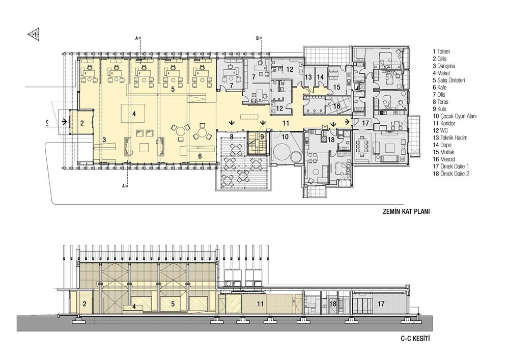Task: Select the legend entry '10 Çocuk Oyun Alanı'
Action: click(x=455, y=116)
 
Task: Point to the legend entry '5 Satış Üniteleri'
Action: click(x=448, y=80)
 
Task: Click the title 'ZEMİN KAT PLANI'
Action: click(x=406, y=212)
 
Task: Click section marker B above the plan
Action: click(x=259, y=38)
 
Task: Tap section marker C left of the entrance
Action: click(x=47, y=122)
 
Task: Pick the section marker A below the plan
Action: click(x=124, y=186)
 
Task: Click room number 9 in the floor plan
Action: click(x=262, y=136)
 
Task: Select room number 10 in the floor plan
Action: click(x=285, y=137)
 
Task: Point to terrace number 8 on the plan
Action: click(x=232, y=136)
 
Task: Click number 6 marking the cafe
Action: click(x=200, y=156)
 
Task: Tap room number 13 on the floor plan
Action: click(x=308, y=77)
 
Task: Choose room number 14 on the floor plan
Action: click(x=320, y=77)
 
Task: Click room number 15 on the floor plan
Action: click(x=336, y=87)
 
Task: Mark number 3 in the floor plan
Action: click(x=104, y=140)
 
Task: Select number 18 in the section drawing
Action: click(x=333, y=304)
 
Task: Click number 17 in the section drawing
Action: click(x=381, y=304)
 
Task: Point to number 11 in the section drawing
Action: click(x=260, y=304)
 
